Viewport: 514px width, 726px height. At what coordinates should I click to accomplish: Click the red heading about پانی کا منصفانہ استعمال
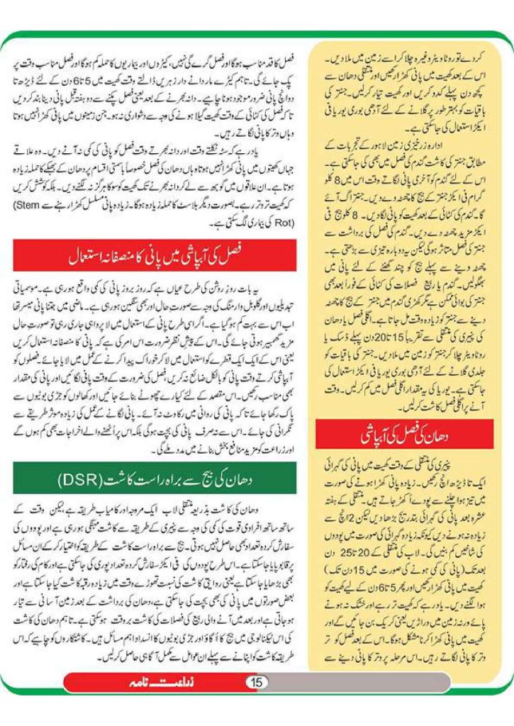(155, 255)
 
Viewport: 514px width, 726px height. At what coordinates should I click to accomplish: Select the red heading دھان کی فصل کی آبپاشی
(404, 435)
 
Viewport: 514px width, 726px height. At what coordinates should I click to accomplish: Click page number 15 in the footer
(257, 682)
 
